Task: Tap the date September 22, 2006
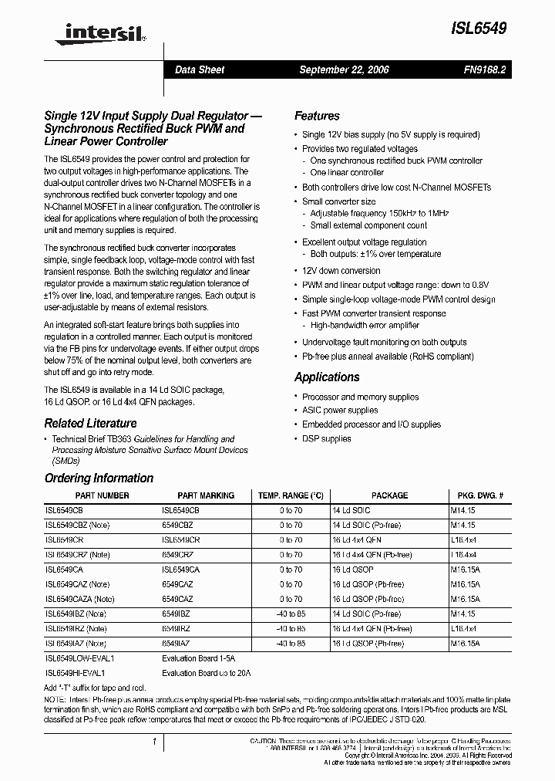coord(344,69)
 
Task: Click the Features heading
coord(317,116)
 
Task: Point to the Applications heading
coord(327,377)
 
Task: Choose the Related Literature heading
coord(90,423)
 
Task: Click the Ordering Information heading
coord(99,478)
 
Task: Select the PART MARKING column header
coord(206,495)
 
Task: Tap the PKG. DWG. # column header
coord(480,495)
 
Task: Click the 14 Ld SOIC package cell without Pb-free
coord(352,511)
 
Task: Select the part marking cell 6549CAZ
coord(177,584)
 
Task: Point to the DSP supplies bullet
coord(326,438)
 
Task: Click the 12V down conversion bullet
coord(341,271)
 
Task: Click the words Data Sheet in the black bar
coord(200,69)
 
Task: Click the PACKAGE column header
coord(389,495)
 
